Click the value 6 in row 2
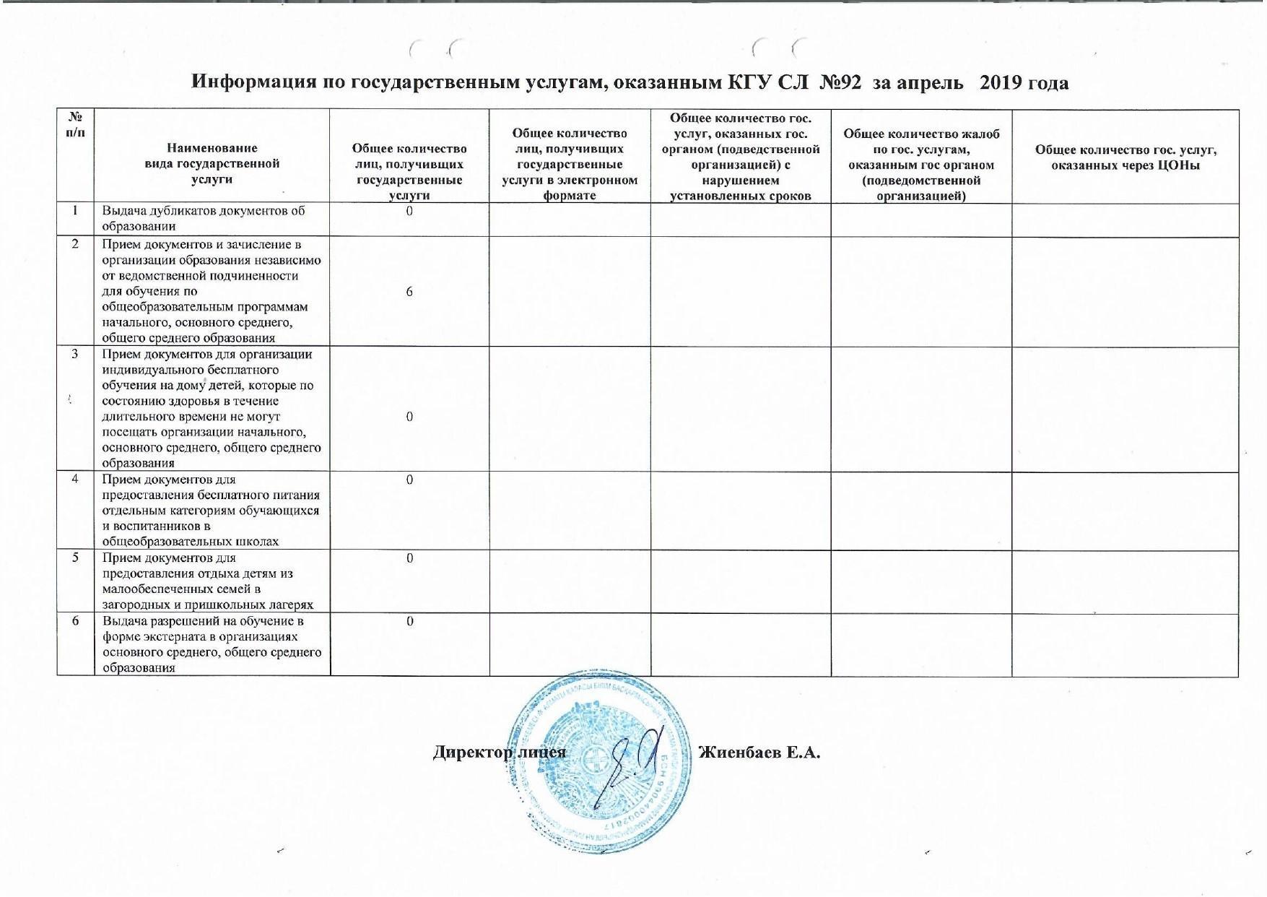click(409, 292)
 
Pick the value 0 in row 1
click(409, 212)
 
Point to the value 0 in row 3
click(409, 417)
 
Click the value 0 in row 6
click(409, 621)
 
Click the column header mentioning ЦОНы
click(1125, 157)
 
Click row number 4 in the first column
click(75, 480)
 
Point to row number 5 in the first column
click(75, 558)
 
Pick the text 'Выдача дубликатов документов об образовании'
click(204, 219)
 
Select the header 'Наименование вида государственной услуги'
click(212, 163)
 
